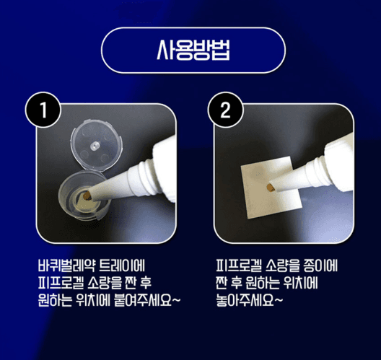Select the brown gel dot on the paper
pyautogui.click(x=270, y=187)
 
